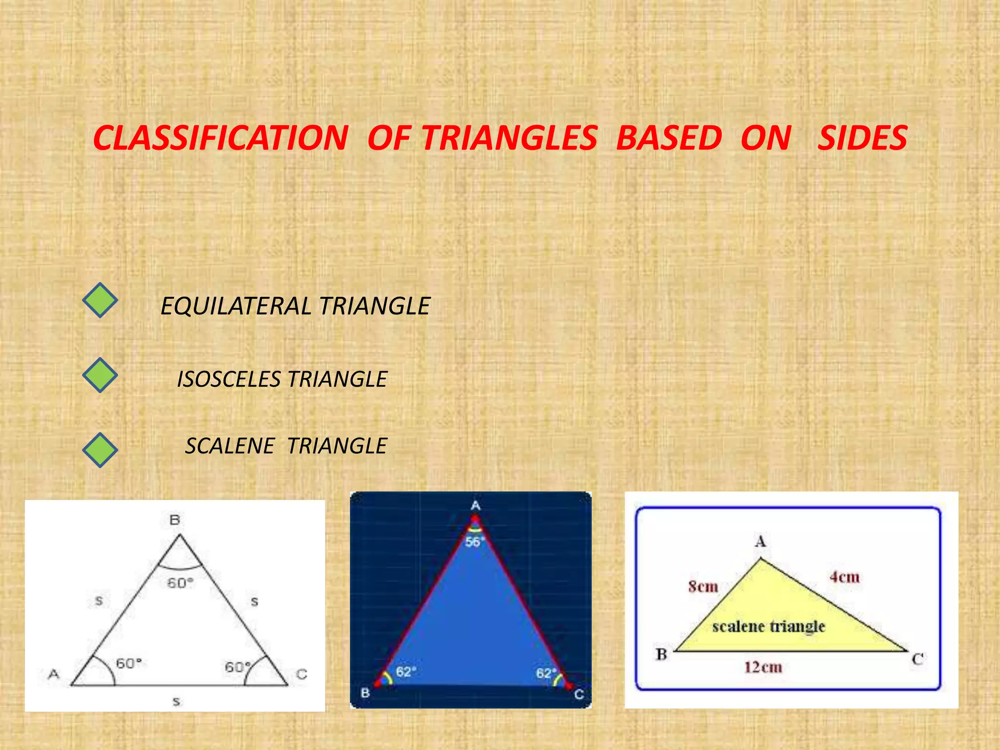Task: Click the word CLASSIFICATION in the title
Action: [221, 138]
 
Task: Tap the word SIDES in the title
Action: [863, 138]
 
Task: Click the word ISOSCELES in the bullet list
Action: [229, 379]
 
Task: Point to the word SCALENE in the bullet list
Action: [230, 446]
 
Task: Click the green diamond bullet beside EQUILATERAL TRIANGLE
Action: [100, 300]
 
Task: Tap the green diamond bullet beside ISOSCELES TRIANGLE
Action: [100, 375]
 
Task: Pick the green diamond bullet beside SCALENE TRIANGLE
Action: [100, 450]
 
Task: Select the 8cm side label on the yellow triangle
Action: [703, 586]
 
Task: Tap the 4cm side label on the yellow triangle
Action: [844, 577]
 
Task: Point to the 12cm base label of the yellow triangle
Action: [763, 667]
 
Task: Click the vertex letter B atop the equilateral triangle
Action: [175, 520]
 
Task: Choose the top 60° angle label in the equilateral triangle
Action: [180, 583]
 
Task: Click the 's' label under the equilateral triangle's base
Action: [176, 702]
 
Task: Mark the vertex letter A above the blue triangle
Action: [476, 506]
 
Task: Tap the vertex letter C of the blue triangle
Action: [579, 694]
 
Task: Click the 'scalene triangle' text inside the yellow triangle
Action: [769, 626]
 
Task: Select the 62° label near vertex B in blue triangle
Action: [406, 672]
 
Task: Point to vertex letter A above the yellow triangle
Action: [761, 542]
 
